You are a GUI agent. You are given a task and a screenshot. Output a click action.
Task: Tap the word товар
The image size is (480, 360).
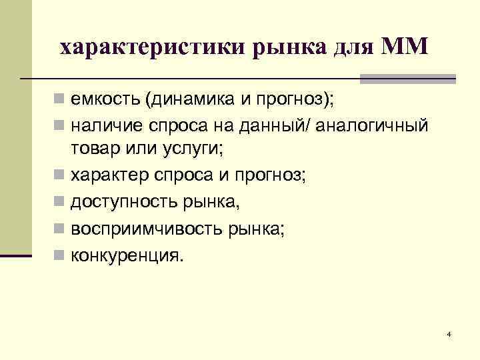pyautogui.click(x=95, y=149)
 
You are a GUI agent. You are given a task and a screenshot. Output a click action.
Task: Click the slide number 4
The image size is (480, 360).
pyautogui.click(x=449, y=334)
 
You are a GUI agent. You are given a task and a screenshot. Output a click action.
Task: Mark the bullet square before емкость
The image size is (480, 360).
pyautogui.click(x=59, y=100)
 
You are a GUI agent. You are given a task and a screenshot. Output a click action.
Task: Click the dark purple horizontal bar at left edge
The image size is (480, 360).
pyautogui.click(x=16, y=255)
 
